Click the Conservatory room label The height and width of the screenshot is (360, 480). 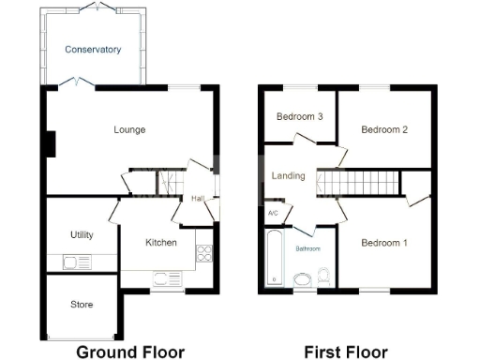click(x=93, y=49)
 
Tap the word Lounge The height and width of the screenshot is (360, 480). click(x=128, y=129)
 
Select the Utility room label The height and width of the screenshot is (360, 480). click(x=82, y=234)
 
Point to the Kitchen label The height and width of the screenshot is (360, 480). click(x=160, y=243)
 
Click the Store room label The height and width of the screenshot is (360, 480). click(x=82, y=304)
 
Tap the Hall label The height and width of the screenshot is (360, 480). click(x=199, y=199)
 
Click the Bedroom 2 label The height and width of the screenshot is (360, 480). click(x=384, y=129)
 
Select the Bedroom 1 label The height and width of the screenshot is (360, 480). click(x=384, y=243)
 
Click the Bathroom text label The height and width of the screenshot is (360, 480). click(x=308, y=248)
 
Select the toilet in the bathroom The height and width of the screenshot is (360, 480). click(x=323, y=277)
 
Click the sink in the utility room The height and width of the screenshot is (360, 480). click(x=74, y=262)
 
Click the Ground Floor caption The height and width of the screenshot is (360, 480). click(x=129, y=352)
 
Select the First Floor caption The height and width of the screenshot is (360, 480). click(x=345, y=352)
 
